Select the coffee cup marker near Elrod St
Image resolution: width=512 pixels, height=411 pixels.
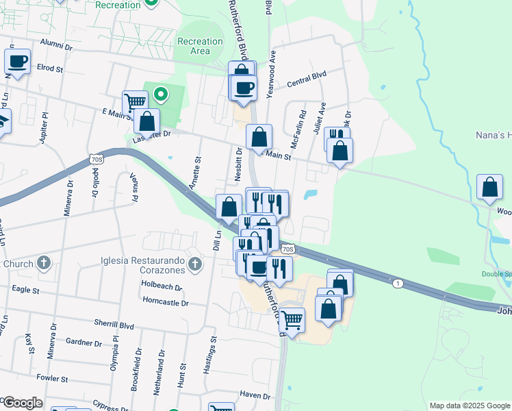click(x=18, y=62)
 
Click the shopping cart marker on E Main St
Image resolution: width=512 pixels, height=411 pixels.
click(x=136, y=103)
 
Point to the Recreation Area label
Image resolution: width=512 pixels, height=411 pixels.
click(x=200, y=46)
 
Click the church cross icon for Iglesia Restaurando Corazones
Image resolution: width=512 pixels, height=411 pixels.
click(x=194, y=263)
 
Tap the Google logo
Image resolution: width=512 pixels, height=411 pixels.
click(x=22, y=403)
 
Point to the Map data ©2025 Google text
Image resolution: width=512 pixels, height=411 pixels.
click(x=470, y=406)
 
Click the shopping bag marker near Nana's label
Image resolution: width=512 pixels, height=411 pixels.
click(x=490, y=187)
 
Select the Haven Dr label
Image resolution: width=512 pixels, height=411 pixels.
click(x=256, y=395)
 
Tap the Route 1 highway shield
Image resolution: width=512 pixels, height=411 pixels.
click(x=397, y=282)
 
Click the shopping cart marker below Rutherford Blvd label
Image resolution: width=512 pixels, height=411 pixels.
click(x=293, y=320)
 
